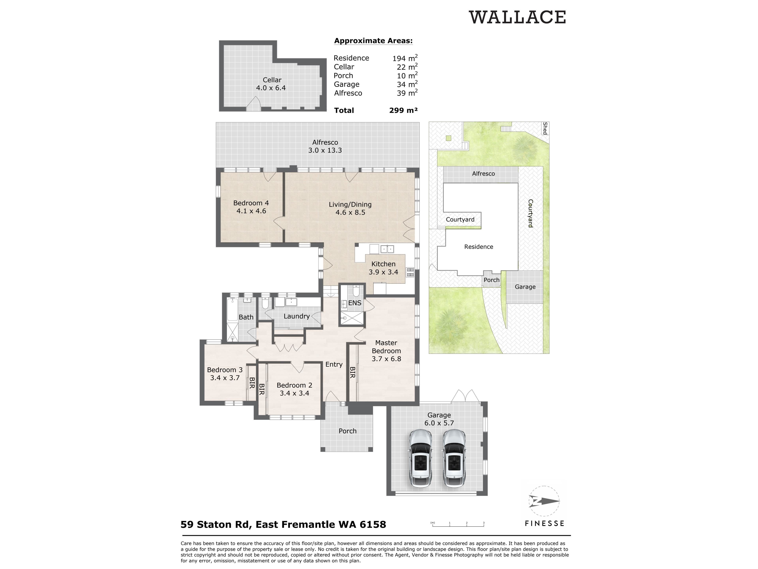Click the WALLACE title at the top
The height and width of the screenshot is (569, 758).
coord(517,17)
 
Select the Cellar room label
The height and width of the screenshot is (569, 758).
coord(272,80)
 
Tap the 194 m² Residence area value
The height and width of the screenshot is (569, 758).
coord(405,58)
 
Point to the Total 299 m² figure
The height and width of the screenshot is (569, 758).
coord(403,110)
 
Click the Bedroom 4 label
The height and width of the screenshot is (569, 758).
coord(251,203)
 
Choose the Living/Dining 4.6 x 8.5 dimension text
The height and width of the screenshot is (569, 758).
coord(350,212)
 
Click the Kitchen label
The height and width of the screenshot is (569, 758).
coord(384,264)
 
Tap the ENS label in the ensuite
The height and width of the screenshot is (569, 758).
coord(355,303)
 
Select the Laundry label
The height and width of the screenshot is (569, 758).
coord(296,316)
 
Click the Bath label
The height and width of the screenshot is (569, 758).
coord(246,317)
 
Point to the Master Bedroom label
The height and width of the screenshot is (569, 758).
coord(386,347)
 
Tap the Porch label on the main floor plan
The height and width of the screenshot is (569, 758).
coord(347,431)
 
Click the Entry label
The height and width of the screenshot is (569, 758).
coord(334,365)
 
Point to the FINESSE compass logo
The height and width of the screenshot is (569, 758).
coord(544,501)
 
